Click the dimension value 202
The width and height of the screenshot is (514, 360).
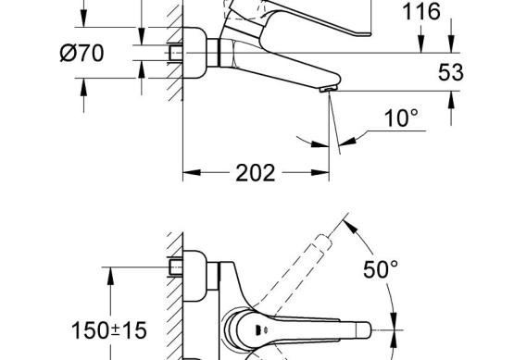click(x=256, y=173)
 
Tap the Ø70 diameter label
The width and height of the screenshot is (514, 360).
click(x=81, y=53)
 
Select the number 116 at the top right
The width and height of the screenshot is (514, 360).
click(x=420, y=11)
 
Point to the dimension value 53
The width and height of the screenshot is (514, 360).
click(x=451, y=72)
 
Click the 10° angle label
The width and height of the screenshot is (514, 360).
click(x=401, y=118)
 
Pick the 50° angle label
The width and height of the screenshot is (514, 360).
click(x=381, y=269)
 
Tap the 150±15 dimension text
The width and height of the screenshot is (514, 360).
click(x=109, y=330)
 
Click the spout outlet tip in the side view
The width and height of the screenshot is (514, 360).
click(x=328, y=89)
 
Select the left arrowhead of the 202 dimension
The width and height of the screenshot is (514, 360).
click(x=192, y=172)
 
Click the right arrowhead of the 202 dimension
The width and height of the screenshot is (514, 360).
click(x=320, y=172)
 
